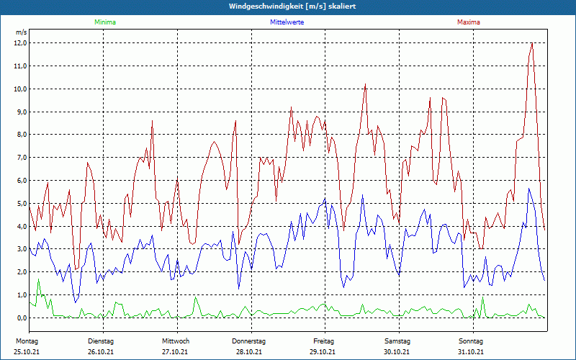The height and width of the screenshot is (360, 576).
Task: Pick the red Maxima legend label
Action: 469,22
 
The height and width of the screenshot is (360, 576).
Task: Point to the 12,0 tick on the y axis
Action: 20,42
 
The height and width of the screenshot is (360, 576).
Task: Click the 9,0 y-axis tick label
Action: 20,112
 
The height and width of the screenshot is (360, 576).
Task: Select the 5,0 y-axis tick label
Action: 20,203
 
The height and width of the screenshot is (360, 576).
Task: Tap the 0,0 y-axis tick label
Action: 20,318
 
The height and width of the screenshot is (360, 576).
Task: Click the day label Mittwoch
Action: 176,341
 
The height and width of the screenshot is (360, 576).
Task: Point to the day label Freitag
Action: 323,341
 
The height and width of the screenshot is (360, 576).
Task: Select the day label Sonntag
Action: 471,341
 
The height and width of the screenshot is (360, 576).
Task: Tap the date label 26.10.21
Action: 101,352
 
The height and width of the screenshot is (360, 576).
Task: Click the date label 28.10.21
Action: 249,352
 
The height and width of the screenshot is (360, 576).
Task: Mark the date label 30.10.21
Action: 397,352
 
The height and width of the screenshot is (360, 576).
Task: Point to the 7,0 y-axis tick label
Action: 20,157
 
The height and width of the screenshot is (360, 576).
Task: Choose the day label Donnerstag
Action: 249,341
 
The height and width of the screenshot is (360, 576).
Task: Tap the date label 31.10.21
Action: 471,352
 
